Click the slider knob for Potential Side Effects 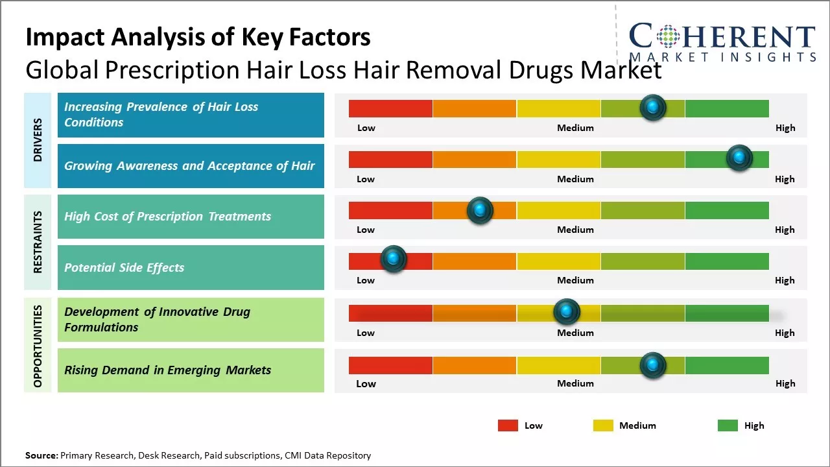coord(393,259)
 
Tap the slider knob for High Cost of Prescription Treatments coord(480,210)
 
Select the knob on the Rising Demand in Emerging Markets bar coord(653,365)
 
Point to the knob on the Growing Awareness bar coord(739,158)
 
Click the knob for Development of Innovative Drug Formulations coord(567,312)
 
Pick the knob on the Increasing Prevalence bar coord(653,107)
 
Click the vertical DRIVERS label coord(38,140)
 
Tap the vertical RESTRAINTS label coord(38,242)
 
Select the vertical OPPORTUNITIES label coord(38,346)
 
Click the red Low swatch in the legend coord(508,425)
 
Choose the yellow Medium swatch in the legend coord(603,425)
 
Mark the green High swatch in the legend coord(728,425)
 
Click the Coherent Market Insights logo coord(722,43)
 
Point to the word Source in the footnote coord(41,455)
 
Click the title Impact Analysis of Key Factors coord(198,37)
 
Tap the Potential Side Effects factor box coord(191,267)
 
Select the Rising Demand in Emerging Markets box coord(191,370)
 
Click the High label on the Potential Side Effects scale coord(785,280)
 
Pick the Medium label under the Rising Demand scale coord(575,383)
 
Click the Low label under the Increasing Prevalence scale coord(366,128)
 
